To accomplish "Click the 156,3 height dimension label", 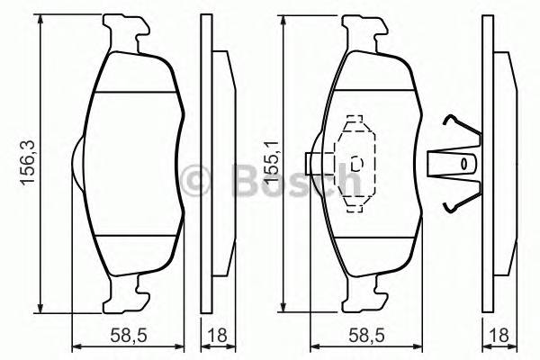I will [28, 162].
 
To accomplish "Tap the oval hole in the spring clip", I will [464, 164].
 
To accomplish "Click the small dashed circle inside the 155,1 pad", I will [356, 163].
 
